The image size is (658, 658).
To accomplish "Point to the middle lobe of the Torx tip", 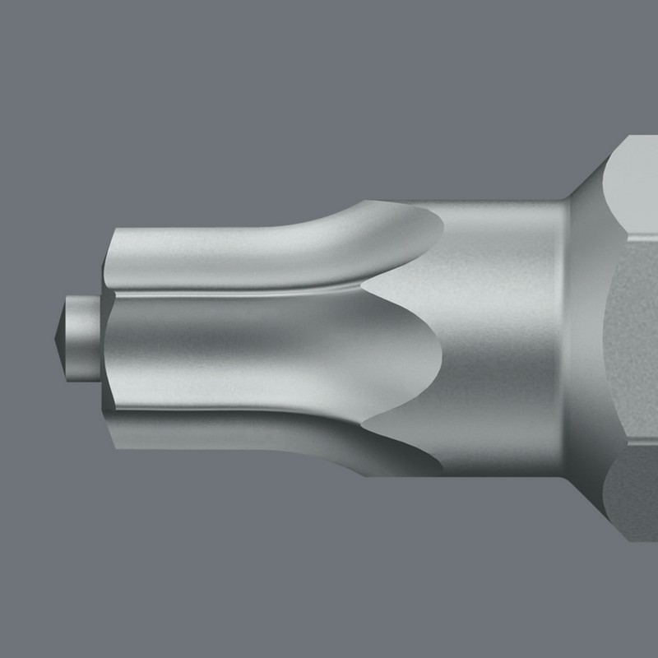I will (x=247, y=345).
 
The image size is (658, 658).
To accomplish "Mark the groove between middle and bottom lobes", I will (x=247, y=407).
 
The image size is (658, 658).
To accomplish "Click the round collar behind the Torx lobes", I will (x=510, y=345).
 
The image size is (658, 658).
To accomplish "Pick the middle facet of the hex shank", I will (x=633, y=345).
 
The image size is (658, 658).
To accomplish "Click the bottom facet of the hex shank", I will (x=633, y=502).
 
